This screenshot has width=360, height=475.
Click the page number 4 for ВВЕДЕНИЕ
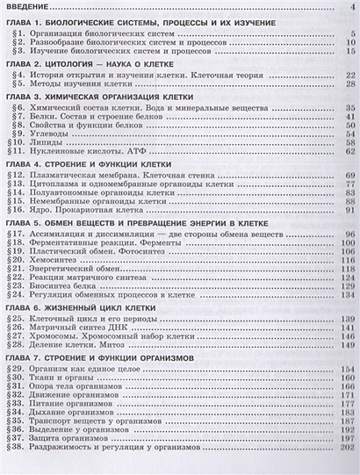[351, 9]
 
